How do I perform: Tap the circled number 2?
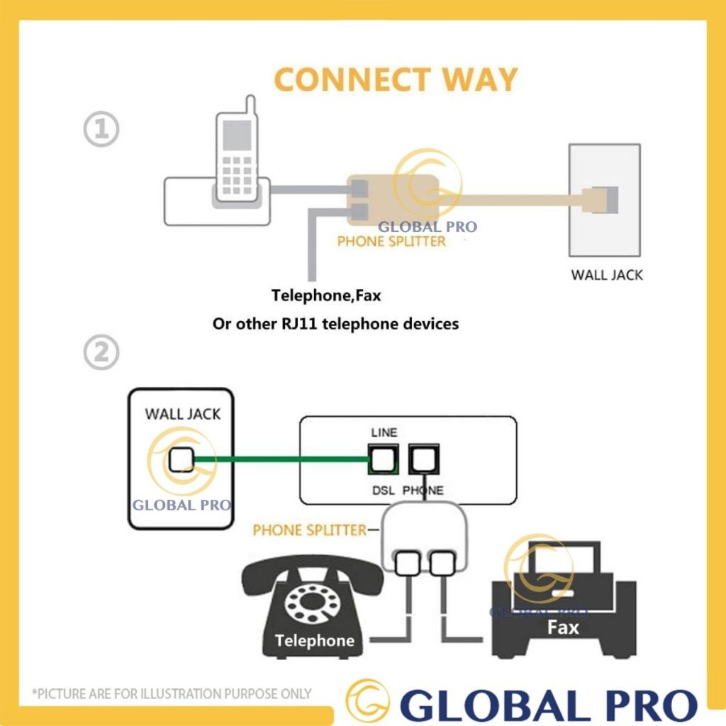coord(101,352)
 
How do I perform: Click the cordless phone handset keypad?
coord(237,170)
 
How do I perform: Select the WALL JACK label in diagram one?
coord(607,274)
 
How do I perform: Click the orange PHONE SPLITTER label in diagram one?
coord(391,241)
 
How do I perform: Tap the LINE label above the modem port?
coord(384,432)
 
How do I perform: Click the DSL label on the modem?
coord(384,490)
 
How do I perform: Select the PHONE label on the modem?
coord(423,490)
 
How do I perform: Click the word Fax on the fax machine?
coord(563,627)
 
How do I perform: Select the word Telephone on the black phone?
coord(314,641)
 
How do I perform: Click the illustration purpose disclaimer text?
coord(172,693)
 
